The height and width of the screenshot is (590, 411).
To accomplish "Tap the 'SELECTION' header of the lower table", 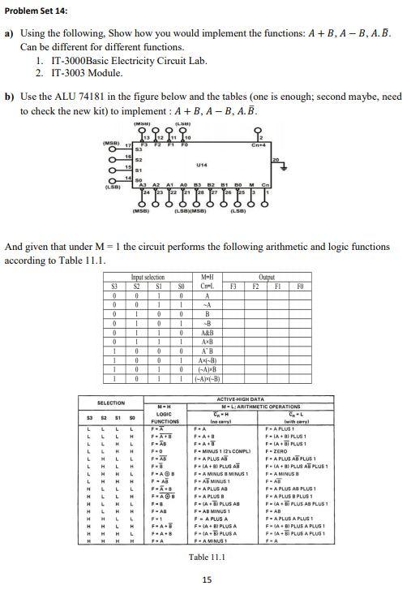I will [x=111, y=403].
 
